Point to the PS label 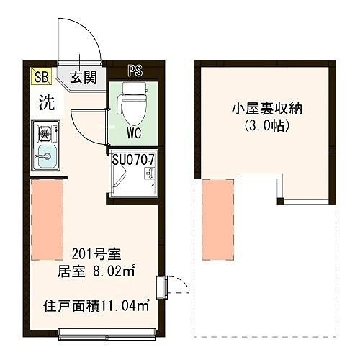point(135,71)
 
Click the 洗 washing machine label point(45,102)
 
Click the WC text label point(133,133)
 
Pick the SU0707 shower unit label point(135,156)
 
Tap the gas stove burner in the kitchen point(47,132)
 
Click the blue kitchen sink point(47,154)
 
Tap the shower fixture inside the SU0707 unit point(149,175)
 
